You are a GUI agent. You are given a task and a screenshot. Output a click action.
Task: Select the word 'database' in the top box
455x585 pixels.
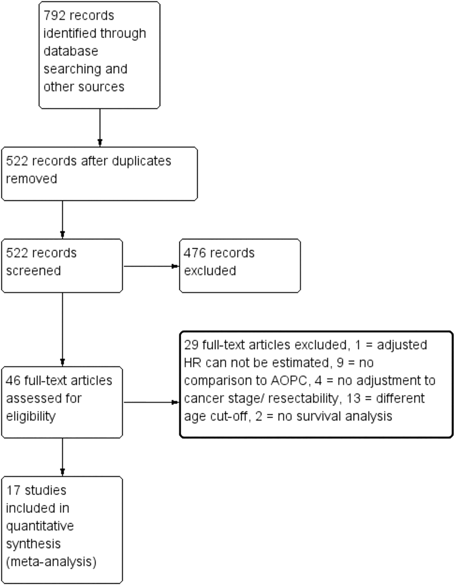tap(71, 51)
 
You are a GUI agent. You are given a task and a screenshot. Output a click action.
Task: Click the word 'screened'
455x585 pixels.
tap(33, 271)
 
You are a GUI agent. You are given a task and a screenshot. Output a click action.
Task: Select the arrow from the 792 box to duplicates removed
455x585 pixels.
tap(100, 127)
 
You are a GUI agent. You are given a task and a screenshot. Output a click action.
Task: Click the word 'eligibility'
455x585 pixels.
tap(31, 417)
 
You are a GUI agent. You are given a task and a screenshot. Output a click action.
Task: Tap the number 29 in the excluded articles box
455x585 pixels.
tap(191, 345)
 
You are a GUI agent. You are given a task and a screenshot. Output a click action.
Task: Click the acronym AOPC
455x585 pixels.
tap(291, 380)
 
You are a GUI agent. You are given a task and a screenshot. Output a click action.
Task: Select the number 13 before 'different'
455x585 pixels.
tap(353, 398)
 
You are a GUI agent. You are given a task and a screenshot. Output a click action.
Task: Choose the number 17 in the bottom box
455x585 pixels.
tap(13, 490)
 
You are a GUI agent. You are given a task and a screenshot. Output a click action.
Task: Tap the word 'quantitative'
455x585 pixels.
tap(40, 526)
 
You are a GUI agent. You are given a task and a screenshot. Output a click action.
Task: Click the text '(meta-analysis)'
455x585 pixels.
tap(51, 562)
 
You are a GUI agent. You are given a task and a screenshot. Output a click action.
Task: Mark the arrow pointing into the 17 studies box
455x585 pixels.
tap(62, 457)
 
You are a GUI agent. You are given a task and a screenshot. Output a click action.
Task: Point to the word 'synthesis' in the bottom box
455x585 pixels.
tap(33, 544)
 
